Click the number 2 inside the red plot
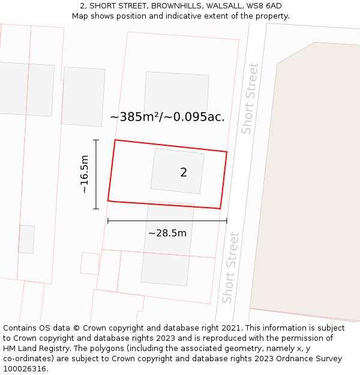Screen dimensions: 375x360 coord(184,173)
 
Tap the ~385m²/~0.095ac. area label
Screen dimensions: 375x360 coord(167,117)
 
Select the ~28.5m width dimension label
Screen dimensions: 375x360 coord(167,233)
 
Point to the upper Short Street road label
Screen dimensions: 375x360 coord(250,98)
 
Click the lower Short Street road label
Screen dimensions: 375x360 coord(230,268)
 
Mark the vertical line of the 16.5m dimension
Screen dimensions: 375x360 coord(96,174)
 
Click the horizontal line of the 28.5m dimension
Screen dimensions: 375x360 coord(167,221)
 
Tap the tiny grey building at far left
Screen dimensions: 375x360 coord(26,239)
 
